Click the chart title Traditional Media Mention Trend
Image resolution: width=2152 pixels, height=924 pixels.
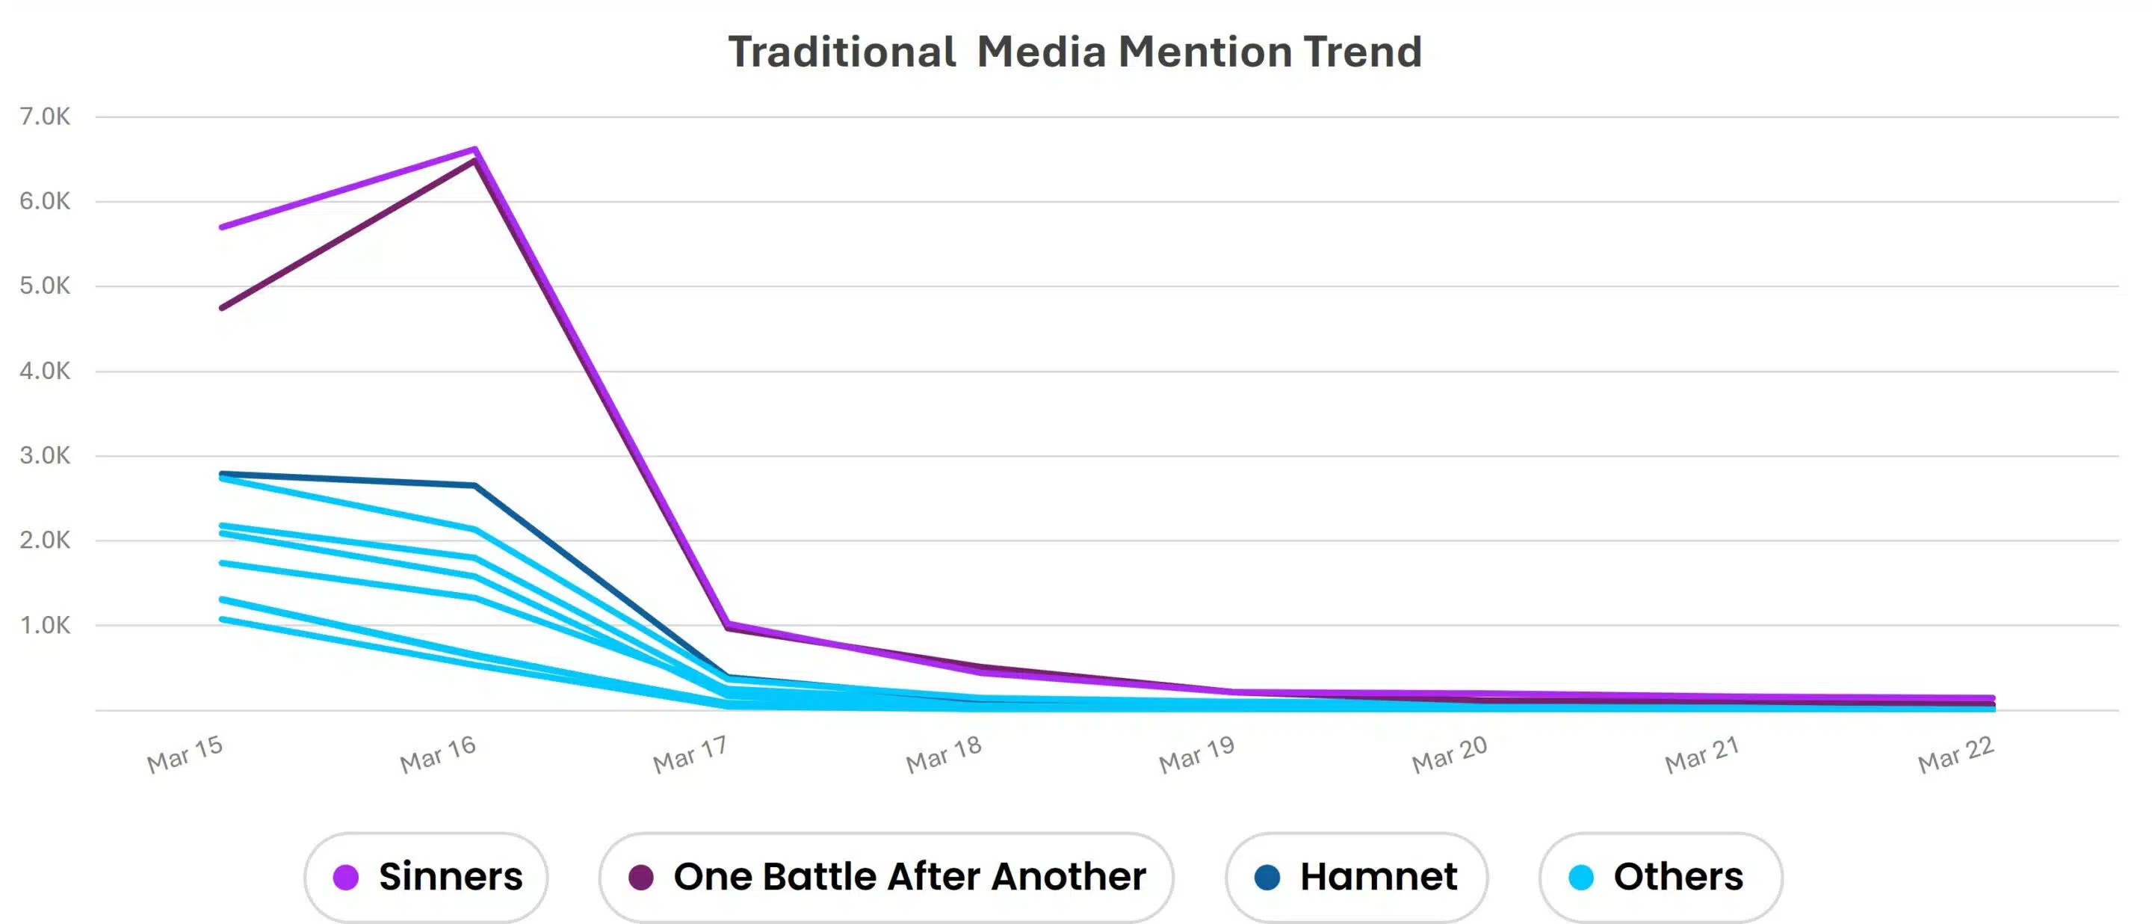tap(1075, 52)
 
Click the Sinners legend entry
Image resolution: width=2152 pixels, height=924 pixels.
tap(426, 876)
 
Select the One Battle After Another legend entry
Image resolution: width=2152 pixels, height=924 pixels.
tap(885, 876)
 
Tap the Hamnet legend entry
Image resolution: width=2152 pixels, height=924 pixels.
tap(1356, 876)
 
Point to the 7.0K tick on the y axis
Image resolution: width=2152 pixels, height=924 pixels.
tap(45, 116)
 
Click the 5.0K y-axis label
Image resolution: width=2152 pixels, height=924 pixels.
tap(45, 286)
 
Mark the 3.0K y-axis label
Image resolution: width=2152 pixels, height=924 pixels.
tap(45, 455)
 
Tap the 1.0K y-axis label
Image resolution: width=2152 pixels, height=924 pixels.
tap(45, 625)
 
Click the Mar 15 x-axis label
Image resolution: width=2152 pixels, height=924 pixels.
tap(185, 754)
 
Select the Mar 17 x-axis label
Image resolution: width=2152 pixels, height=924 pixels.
tap(690, 754)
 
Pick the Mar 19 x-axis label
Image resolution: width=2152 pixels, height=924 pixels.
tap(1196, 754)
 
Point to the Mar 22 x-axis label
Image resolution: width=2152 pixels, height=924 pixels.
tap(1955, 754)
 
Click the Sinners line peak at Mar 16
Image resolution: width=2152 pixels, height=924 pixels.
tap(474, 150)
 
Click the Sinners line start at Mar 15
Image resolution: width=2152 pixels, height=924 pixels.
tap(222, 227)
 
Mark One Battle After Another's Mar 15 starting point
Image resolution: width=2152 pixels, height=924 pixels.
tap(222, 307)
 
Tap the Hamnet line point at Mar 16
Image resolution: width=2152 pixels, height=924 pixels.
tap(474, 485)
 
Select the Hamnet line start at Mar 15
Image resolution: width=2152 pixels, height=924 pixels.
tap(222, 473)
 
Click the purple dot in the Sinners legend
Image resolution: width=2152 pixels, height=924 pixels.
tap(346, 877)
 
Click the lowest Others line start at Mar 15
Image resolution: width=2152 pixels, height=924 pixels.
tap(222, 619)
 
